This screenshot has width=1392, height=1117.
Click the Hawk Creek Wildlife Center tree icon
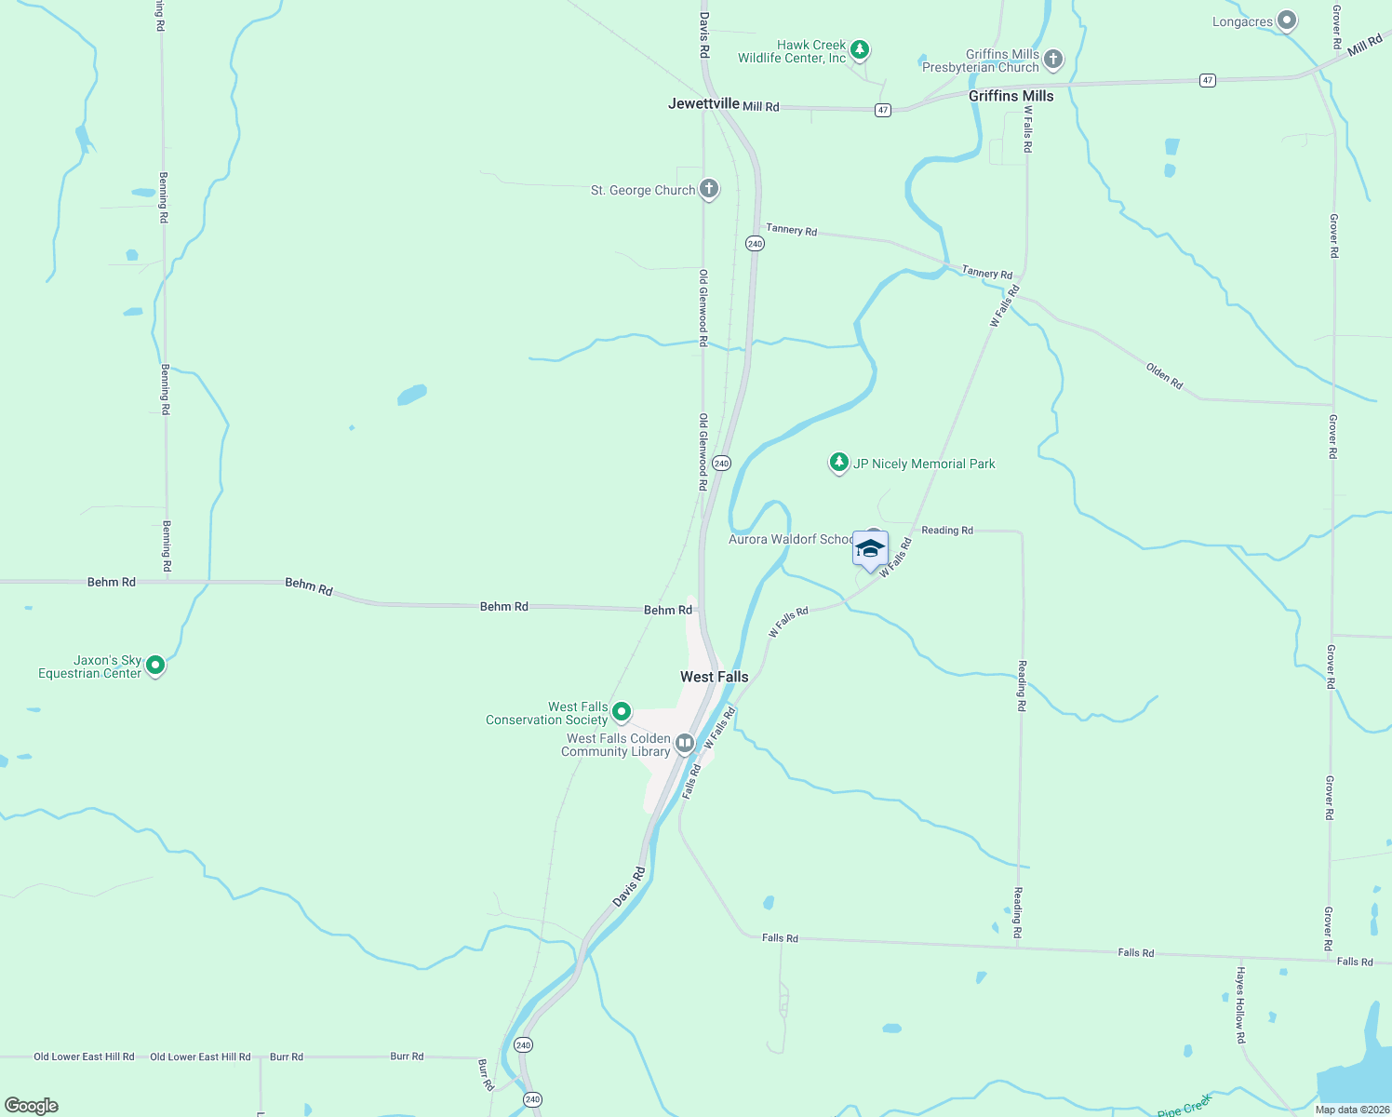point(860,49)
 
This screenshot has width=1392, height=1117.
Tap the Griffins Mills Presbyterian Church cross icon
point(1053,60)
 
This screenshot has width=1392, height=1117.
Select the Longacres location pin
point(1287,20)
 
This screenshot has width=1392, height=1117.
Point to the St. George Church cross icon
point(709,189)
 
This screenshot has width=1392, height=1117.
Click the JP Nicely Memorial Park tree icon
point(839,463)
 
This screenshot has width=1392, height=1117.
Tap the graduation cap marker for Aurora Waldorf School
point(870,549)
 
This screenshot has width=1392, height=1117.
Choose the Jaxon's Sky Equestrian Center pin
point(156,666)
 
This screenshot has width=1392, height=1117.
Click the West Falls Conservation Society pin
point(622,712)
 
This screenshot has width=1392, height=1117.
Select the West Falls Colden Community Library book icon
point(685,743)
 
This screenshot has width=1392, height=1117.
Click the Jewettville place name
point(703,103)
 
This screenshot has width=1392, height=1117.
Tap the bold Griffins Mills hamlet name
point(1011,96)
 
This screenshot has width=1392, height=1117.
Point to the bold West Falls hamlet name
point(714,677)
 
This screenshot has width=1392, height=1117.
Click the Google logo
point(32,1105)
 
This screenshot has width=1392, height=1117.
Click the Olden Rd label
point(1164,376)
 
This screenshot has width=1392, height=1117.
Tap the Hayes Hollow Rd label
point(1240,1004)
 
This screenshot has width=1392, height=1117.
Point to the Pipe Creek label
point(1185,1107)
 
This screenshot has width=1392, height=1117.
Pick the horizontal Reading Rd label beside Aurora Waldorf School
point(946,531)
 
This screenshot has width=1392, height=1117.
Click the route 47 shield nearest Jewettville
point(883,110)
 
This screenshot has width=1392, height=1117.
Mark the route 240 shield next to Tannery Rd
point(755,244)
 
